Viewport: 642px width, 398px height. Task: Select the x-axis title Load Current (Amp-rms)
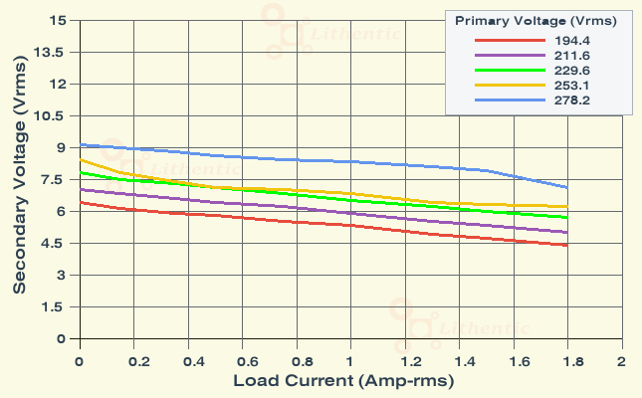pos(343,381)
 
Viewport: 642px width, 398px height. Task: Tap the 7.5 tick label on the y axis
pos(55,180)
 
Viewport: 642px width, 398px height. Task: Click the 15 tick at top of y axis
pos(59,21)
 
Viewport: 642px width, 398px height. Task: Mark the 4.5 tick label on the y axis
pos(55,244)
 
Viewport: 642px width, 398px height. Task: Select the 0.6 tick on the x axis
pos(242,359)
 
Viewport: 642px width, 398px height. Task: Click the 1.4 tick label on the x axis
pos(459,359)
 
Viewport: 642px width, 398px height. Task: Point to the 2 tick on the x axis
pos(621,359)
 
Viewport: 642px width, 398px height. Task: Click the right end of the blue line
pos(567,187)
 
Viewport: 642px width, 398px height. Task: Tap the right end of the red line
pos(567,245)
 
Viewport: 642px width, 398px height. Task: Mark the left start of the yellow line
pos(80,159)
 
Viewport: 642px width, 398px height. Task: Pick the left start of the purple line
pos(80,189)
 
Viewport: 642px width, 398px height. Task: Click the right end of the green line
pos(567,217)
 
